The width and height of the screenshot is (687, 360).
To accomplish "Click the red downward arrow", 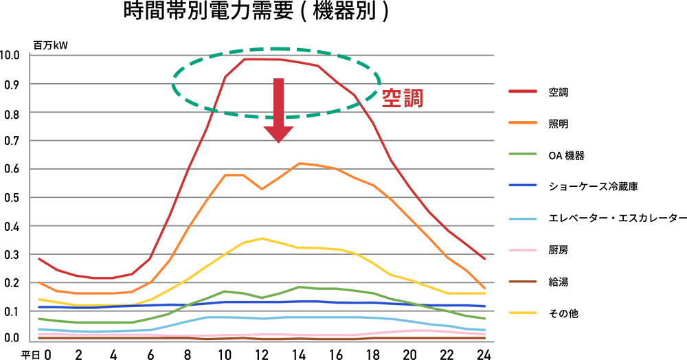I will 278,110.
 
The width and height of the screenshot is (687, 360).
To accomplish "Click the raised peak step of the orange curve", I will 314,159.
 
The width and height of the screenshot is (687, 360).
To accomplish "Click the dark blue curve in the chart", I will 302,300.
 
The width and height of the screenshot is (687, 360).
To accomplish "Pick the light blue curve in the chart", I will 302,319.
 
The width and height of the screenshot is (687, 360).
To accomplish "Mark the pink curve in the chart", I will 302,330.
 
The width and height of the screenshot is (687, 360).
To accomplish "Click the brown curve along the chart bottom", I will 206,337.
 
